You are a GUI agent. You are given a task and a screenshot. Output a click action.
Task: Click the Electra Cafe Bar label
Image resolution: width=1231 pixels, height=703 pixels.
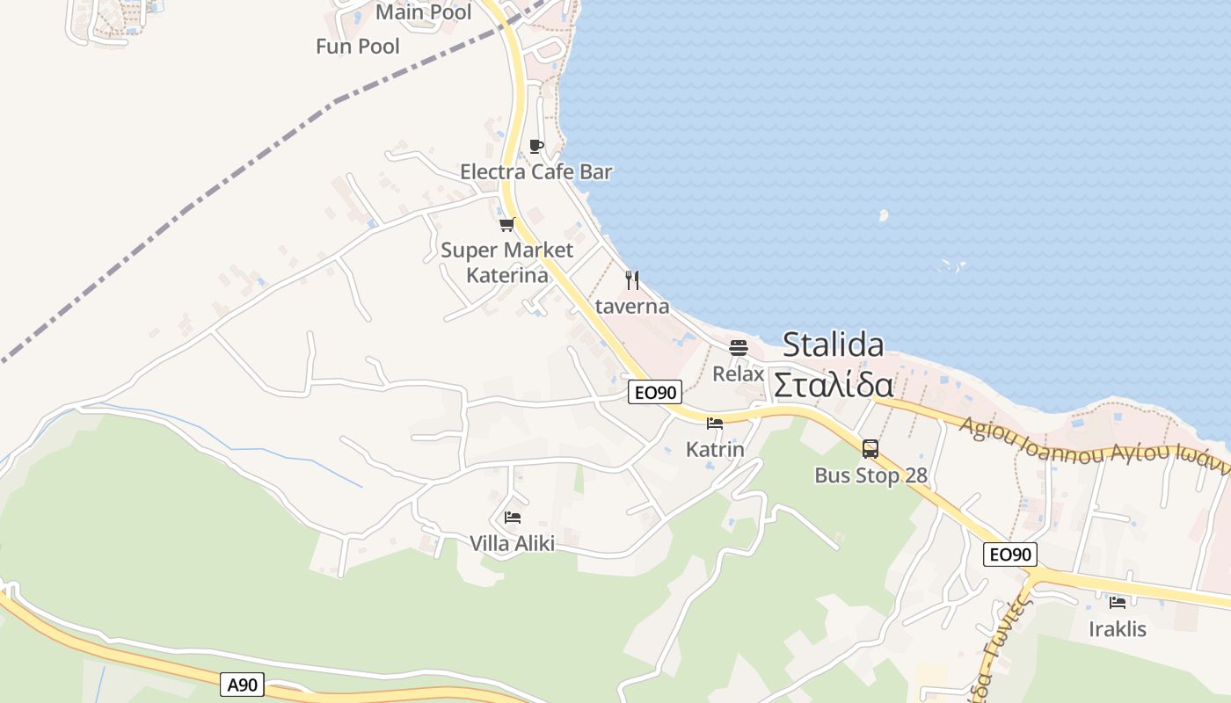click(535, 171)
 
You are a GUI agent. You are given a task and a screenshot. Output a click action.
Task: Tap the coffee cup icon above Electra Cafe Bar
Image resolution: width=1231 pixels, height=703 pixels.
click(536, 146)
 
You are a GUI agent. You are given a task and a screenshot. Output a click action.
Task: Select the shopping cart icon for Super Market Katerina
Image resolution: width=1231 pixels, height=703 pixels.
click(507, 225)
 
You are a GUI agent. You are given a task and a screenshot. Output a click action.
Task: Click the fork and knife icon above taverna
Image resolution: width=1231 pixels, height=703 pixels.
click(632, 280)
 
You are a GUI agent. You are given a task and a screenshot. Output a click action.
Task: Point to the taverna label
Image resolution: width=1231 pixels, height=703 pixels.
click(632, 307)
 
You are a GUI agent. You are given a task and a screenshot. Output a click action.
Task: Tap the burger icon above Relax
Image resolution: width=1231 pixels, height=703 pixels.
click(739, 347)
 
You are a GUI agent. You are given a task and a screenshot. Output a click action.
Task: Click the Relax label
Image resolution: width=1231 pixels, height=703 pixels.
click(739, 373)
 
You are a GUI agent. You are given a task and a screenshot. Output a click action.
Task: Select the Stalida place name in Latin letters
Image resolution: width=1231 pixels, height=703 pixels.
click(833, 344)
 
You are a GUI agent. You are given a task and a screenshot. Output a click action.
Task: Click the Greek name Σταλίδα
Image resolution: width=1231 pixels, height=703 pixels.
click(833, 386)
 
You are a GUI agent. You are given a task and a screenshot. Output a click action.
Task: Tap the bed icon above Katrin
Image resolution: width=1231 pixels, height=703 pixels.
click(715, 424)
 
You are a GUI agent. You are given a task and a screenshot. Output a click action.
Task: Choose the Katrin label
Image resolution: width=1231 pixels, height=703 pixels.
click(715, 450)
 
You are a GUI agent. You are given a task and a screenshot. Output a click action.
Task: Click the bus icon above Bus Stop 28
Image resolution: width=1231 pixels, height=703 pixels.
click(870, 449)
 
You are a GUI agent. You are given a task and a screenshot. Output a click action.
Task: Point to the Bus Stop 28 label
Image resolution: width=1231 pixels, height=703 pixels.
click(870, 475)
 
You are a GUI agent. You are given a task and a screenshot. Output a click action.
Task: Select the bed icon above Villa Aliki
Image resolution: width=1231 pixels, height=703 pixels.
click(513, 518)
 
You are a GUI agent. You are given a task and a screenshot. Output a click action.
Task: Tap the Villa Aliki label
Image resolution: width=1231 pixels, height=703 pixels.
click(513, 544)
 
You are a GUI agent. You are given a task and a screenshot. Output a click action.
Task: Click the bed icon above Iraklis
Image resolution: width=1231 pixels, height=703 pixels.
click(1118, 603)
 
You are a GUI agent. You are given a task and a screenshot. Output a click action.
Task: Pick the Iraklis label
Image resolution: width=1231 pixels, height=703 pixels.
click(1118, 629)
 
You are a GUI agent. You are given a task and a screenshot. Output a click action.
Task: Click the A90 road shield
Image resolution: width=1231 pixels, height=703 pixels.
click(242, 685)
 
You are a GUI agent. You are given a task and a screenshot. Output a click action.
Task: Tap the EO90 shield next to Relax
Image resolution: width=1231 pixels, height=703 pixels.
click(655, 393)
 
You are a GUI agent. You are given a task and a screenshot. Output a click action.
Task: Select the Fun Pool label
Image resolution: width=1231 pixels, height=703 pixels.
click(358, 46)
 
